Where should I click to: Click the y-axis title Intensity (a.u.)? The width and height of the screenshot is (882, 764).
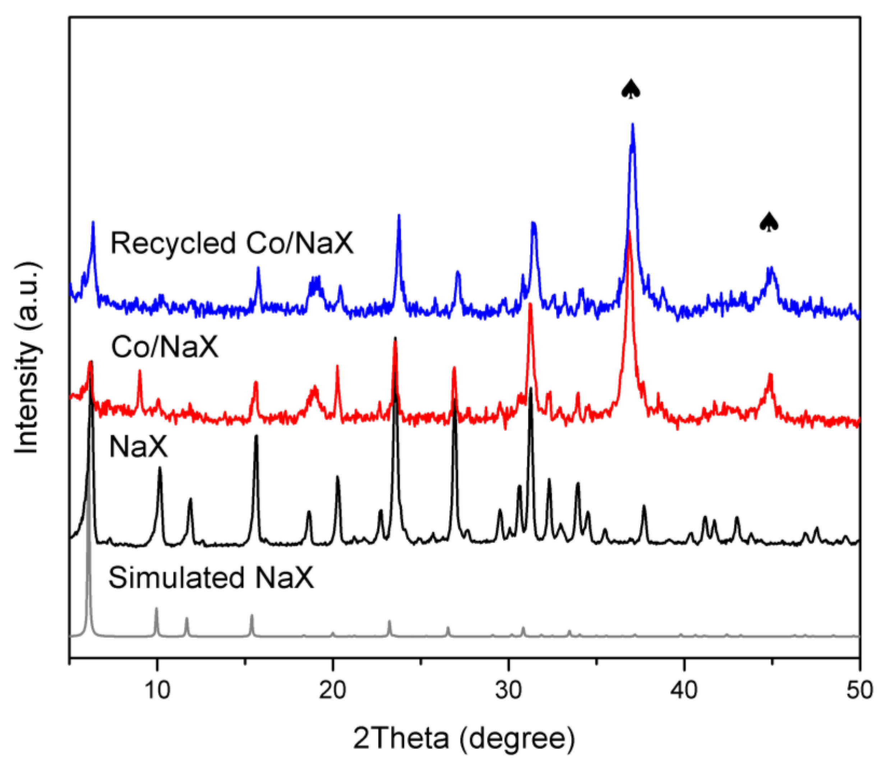click(27, 358)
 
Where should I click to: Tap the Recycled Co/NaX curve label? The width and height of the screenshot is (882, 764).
click(232, 243)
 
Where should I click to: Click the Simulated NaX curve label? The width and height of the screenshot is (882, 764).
click(211, 578)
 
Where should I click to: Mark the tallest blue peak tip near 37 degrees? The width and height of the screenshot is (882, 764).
click(632, 125)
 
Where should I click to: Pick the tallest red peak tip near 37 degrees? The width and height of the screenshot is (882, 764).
click(629, 232)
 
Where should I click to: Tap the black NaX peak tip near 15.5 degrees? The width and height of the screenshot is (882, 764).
click(256, 436)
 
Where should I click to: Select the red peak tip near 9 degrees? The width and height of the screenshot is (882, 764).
click(139, 371)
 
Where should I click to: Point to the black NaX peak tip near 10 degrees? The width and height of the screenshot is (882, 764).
click(160, 468)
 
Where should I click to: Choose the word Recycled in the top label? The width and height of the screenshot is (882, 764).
click(173, 243)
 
